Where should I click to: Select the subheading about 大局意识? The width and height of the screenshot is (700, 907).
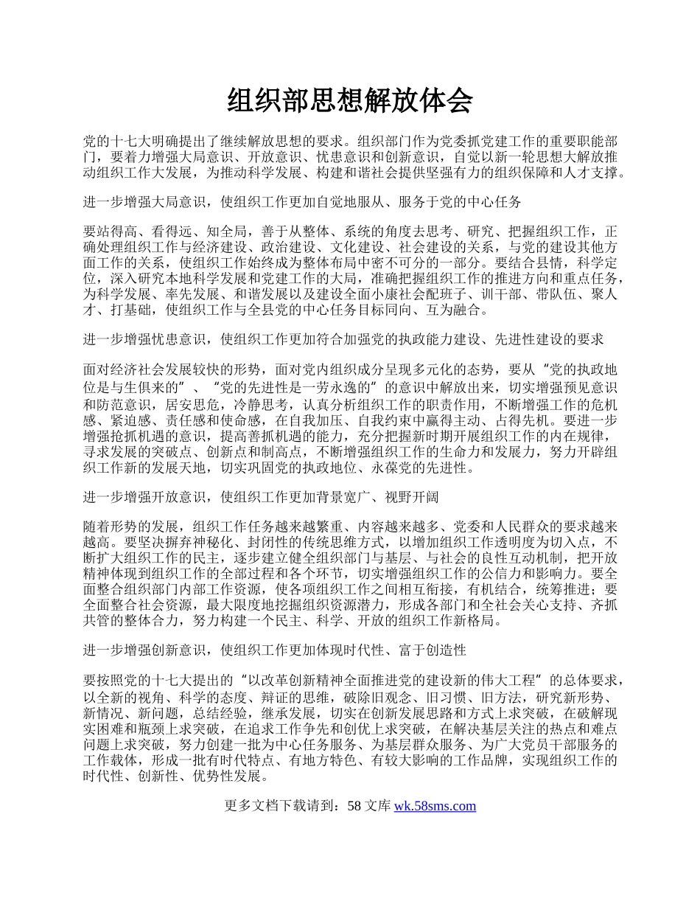tap(303, 202)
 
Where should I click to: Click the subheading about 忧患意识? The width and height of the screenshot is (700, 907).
tap(343, 339)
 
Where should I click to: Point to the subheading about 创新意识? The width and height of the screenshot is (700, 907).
tap(275, 650)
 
